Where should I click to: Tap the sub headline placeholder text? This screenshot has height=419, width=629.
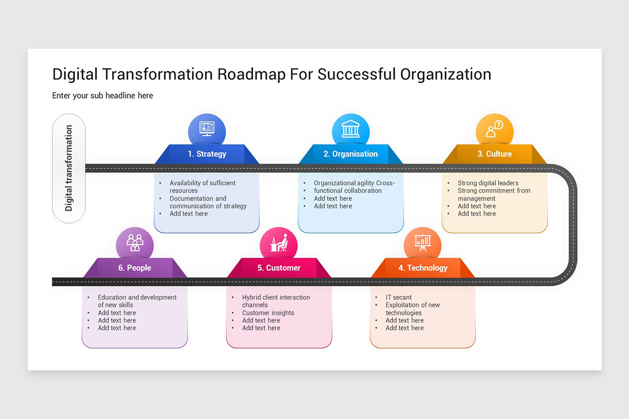[103, 95]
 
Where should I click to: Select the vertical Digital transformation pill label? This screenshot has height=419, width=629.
[69, 168]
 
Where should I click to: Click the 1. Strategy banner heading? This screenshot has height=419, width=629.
[207, 154]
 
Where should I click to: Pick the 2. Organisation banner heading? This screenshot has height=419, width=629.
[351, 154]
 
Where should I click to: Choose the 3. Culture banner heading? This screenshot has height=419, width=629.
[494, 154]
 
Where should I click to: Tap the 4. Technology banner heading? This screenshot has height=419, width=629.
[422, 268]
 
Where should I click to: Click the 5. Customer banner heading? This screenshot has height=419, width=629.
[279, 268]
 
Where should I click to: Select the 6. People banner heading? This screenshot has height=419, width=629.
[135, 268]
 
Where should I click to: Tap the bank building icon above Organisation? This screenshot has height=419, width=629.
[351, 129]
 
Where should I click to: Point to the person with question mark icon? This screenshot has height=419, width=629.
[494, 129]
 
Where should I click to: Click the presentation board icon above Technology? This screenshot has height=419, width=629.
[422, 242]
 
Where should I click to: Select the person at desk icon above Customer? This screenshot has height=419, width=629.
[279, 243]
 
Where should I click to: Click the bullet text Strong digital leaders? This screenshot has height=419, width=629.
[488, 183]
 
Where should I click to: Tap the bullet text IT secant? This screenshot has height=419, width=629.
[399, 297]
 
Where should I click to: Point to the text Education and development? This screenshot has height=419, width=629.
[137, 297]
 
